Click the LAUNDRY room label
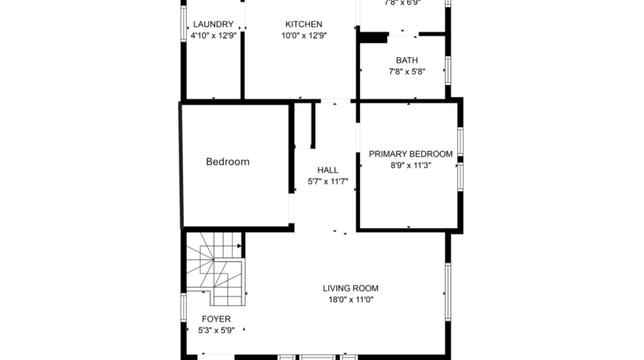[213, 24]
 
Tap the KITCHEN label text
[304, 24]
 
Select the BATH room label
[407, 60]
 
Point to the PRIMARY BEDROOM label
[410, 153]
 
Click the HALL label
[328, 170]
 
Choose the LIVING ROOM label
[350, 288]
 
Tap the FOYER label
[216, 318]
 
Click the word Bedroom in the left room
[228, 162]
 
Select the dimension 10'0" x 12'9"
[304, 35]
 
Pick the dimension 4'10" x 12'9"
[213, 35]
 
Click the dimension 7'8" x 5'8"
[407, 72]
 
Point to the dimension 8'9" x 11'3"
[410, 165]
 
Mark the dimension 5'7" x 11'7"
[328, 183]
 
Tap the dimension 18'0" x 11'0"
[350, 300]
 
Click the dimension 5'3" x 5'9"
[216, 330]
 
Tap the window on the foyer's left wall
[184, 306]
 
